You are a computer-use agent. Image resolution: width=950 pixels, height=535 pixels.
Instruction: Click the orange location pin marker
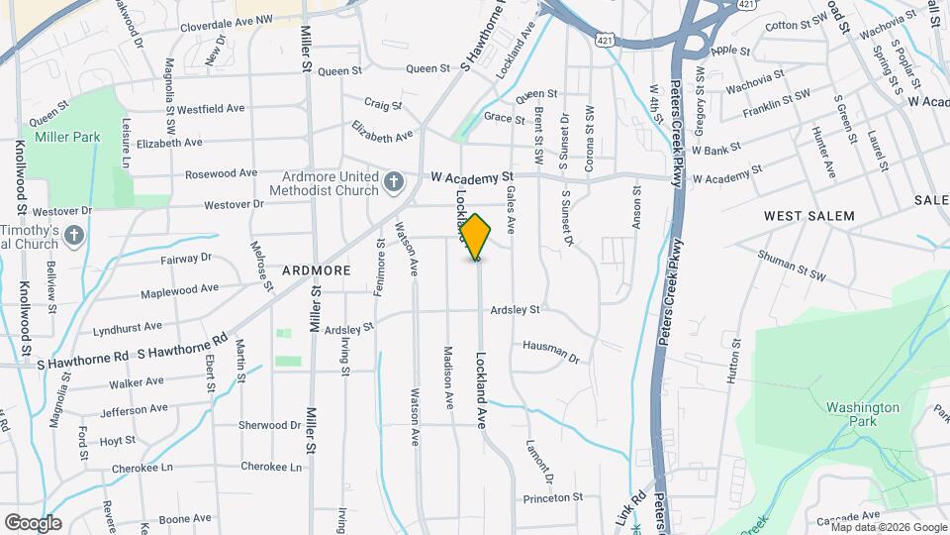[x=476, y=237]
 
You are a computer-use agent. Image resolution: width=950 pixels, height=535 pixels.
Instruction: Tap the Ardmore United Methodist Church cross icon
[x=394, y=181]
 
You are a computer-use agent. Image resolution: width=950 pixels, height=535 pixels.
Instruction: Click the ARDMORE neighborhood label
[x=317, y=269]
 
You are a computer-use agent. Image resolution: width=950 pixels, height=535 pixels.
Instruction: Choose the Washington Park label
[x=863, y=414]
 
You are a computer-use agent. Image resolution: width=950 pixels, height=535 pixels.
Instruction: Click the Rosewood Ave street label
[x=221, y=173]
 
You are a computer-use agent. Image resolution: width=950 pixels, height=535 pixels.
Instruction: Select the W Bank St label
[x=716, y=151]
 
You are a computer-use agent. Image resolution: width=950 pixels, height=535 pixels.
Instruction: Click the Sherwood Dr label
[x=269, y=425]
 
